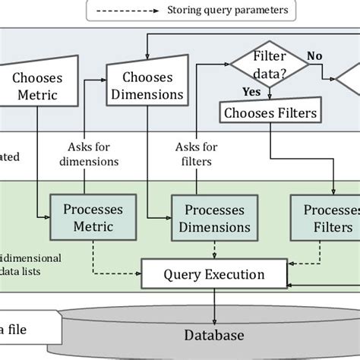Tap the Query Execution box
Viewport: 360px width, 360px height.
214,274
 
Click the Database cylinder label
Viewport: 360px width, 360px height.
213,335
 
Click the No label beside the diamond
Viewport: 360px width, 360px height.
313,55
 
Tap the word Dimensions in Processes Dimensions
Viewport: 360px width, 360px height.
210,226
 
